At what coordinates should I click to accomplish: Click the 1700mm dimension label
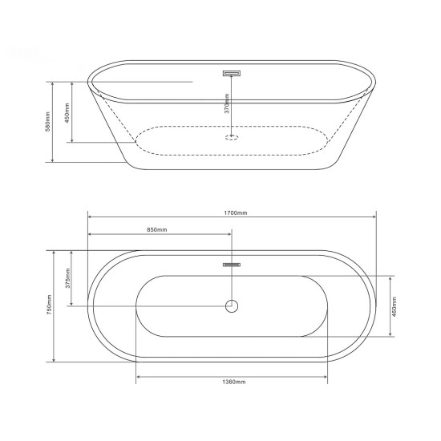(236, 213)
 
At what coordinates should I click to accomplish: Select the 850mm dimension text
(157, 230)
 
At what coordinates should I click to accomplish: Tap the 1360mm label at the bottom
(233, 382)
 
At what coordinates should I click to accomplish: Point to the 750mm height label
(49, 305)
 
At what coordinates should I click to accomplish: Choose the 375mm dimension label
(68, 278)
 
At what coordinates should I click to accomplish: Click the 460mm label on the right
(394, 307)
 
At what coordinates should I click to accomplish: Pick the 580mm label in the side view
(48, 122)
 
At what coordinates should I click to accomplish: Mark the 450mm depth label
(67, 113)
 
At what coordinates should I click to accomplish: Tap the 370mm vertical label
(227, 103)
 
